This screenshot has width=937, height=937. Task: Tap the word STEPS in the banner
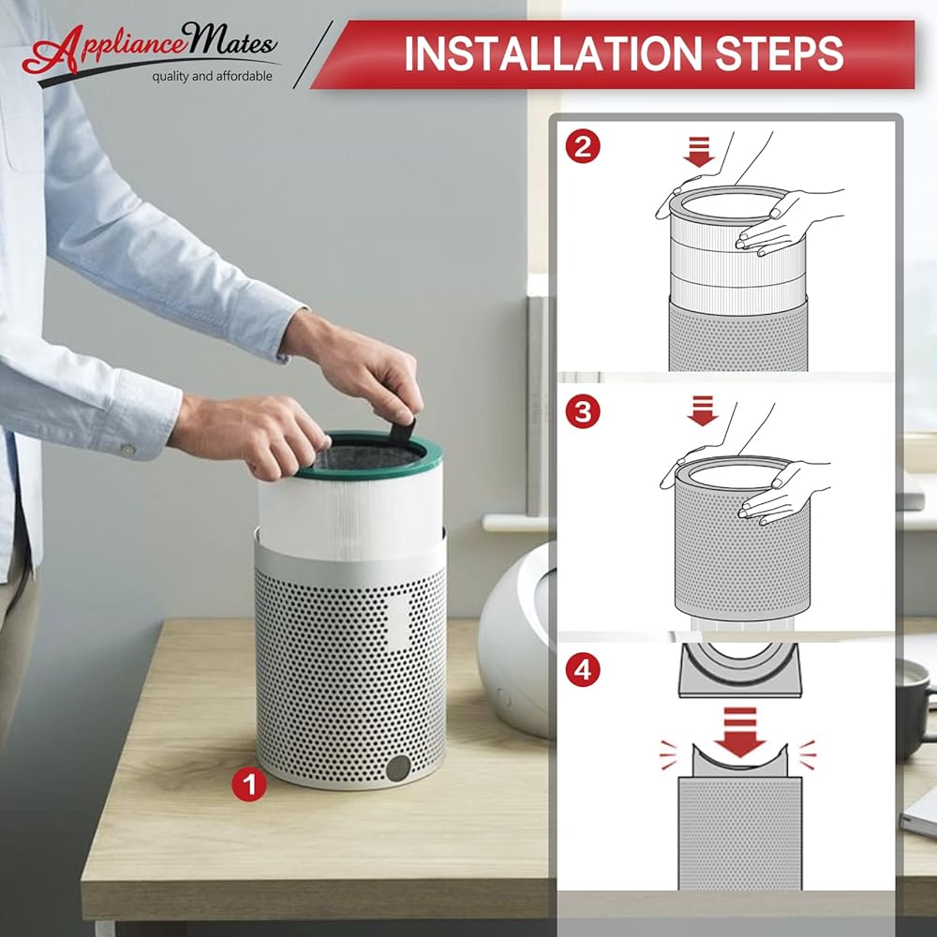tap(780, 53)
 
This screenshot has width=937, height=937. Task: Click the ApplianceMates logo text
tap(149, 48)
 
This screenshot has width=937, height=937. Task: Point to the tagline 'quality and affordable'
tap(212, 76)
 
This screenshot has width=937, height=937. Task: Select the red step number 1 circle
tap(249, 784)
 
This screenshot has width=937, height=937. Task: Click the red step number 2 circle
tap(583, 147)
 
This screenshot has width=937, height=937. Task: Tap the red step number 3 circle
tap(583, 411)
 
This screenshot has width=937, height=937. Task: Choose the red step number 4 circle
tap(583, 669)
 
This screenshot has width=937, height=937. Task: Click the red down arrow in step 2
tap(699, 152)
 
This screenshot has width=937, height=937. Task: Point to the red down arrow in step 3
tap(702, 410)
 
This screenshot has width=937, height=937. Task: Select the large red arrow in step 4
tap(740, 732)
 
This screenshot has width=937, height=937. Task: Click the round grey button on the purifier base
tap(398, 768)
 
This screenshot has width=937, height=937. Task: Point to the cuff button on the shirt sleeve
tap(127, 449)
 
